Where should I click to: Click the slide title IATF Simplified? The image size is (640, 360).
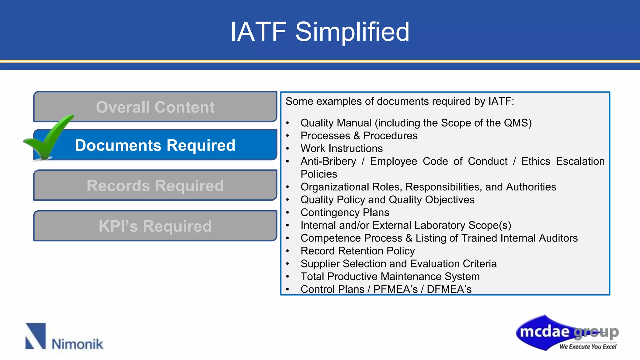coord(320,32)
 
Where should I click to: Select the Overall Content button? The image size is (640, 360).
coord(155,107)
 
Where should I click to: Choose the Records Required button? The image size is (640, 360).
coord(155,185)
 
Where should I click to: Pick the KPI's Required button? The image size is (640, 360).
coord(155,226)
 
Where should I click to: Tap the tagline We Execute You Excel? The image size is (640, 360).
coord(587,347)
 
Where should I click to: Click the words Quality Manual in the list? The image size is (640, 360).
coord(336,123)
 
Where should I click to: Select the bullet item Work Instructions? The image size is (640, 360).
coord(341,148)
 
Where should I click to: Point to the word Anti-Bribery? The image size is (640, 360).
coord(328,161)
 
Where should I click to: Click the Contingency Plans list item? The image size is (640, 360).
coord(345,212)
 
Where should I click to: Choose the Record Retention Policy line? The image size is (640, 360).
coord(357,251)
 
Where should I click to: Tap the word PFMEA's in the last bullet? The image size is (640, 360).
coord(395,289)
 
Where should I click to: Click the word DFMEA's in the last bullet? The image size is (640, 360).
coord(449,289)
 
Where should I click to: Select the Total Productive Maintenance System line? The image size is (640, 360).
coord(390,277)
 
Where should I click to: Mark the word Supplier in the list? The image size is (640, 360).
coord(320,264)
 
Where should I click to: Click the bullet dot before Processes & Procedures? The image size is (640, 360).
coord(287,136)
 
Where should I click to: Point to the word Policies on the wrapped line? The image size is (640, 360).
coord(319,174)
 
